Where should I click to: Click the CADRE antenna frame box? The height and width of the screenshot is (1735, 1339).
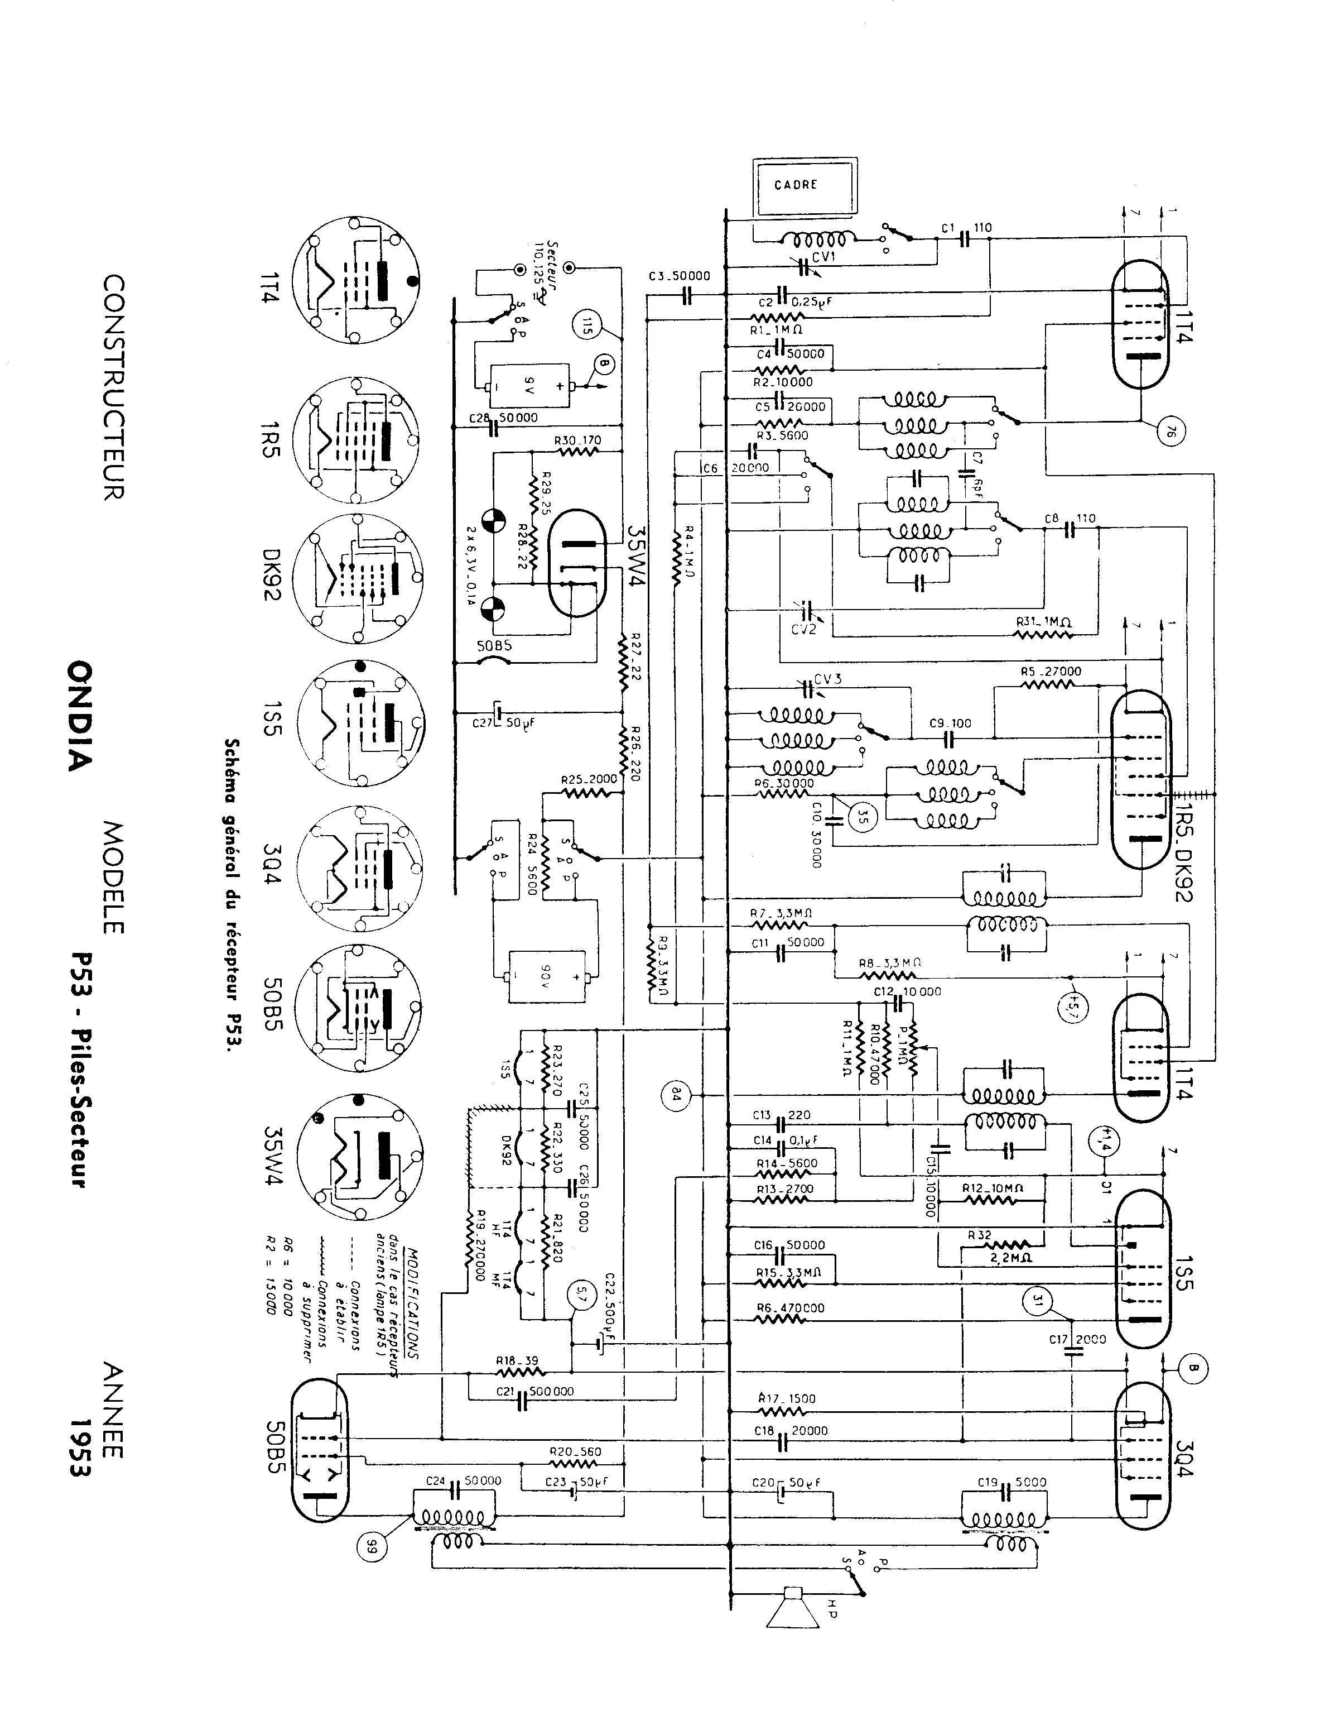tap(805, 186)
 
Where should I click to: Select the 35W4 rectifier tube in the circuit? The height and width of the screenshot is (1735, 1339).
tap(577, 564)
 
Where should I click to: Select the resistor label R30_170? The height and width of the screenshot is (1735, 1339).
tap(577, 442)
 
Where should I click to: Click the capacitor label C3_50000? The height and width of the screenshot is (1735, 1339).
tap(679, 276)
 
